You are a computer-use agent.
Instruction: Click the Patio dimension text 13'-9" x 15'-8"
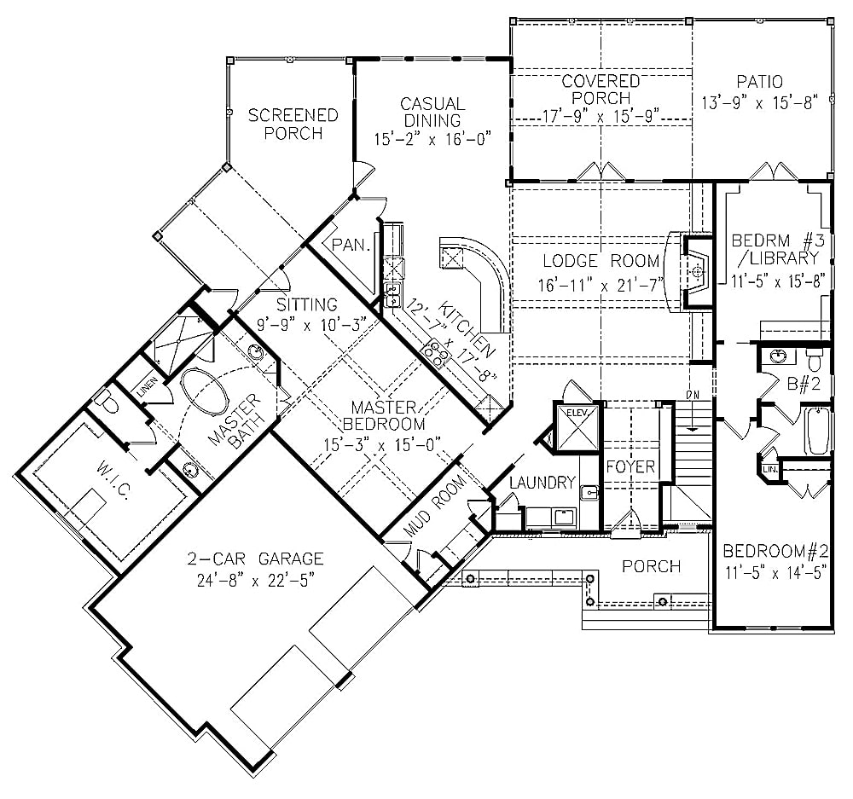(759, 101)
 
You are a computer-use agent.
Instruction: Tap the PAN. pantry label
(351, 246)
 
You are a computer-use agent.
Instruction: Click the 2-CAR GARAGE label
(257, 559)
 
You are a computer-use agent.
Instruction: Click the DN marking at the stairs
(693, 394)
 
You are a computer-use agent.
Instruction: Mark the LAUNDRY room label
(542, 483)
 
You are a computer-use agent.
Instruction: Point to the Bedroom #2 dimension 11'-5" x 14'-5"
(775, 572)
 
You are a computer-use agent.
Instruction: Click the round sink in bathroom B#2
(777, 356)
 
